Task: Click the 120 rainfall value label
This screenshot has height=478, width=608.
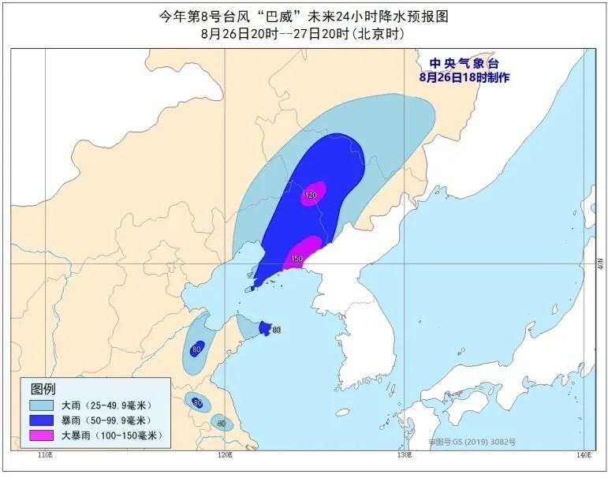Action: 311,195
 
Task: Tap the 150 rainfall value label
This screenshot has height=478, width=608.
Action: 297,259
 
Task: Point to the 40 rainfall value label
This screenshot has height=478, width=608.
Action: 221,424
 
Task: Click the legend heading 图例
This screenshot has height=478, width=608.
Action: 43,389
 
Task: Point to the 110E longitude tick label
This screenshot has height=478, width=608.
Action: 45,455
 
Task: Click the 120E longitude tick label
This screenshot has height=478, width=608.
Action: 225,455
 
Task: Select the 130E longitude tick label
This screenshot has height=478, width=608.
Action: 404,455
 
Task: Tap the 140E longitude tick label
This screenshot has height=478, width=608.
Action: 584,455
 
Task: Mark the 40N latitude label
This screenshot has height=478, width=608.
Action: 600,263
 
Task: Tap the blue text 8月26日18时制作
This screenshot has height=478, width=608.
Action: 464,77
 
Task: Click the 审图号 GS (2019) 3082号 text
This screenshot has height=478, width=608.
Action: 472,442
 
